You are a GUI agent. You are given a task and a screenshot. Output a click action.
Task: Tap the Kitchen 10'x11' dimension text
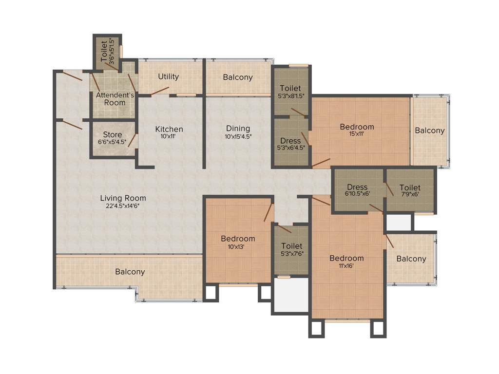[169, 137]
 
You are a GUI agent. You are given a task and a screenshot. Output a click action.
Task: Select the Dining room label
[238, 129]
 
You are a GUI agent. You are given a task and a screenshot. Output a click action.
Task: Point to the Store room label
[112, 135]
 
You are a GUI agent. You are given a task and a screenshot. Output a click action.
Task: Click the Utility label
[169, 76]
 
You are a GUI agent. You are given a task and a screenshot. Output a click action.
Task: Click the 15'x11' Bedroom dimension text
[357, 134]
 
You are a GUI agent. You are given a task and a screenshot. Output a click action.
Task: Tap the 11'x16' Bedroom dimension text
[346, 265]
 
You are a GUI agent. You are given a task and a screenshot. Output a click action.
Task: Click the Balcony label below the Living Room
[130, 272]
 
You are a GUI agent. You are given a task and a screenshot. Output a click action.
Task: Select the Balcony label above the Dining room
[238, 77]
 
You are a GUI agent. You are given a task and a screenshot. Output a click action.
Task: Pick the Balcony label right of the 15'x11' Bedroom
[429, 131]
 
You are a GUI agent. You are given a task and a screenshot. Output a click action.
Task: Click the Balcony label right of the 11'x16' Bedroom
[411, 259]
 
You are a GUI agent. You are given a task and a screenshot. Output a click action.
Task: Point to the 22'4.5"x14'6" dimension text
[123, 206]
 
